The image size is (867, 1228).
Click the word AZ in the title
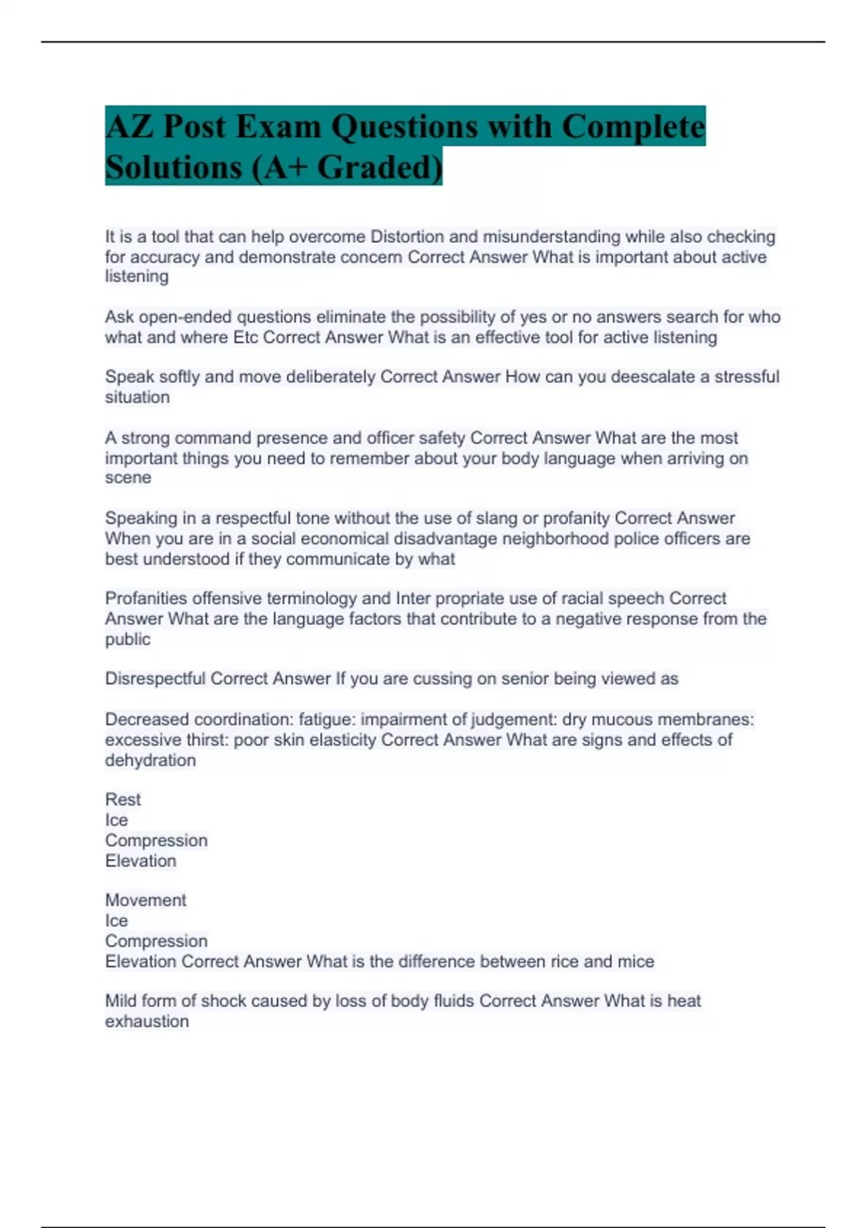click(x=129, y=126)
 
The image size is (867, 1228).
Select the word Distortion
click(x=407, y=237)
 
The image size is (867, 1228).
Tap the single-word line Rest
click(x=123, y=800)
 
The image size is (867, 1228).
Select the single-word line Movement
click(x=145, y=900)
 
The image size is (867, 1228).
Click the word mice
click(x=636, y=961)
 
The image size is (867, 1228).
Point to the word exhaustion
click(x=147, y=1021)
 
